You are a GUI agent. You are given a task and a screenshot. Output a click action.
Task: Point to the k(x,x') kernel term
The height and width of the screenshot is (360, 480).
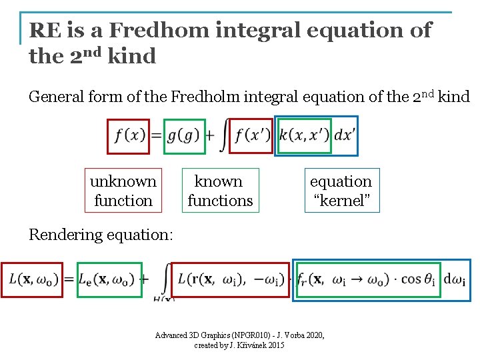pyautogui.click(x=305, y=135)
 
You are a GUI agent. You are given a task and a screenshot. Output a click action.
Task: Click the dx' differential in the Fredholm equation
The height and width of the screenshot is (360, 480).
pyautogui.click(x=345, y=135)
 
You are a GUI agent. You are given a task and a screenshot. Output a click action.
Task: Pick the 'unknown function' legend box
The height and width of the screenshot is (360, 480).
pyautogui.click(x=123, y=191)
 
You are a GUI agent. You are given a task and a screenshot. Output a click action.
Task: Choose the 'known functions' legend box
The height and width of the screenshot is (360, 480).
pyautogui.click(x=220, y=191)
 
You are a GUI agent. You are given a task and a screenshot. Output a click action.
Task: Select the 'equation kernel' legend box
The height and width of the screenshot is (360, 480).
pyautogui.click(x=341, y=191)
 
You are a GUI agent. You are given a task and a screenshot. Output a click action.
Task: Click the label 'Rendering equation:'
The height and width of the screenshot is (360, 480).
pyautogui.click(x=101, y=235)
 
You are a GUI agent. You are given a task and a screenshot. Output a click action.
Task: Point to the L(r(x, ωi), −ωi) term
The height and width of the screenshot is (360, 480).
pyautogui.click(x=231, y=279)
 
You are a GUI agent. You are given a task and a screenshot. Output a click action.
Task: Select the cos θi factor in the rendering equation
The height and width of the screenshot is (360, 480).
pyautogui.click(x=416, y=279)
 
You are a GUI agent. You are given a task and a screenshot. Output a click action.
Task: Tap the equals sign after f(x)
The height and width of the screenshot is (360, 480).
pyautogui.click(x=155, y=136)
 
